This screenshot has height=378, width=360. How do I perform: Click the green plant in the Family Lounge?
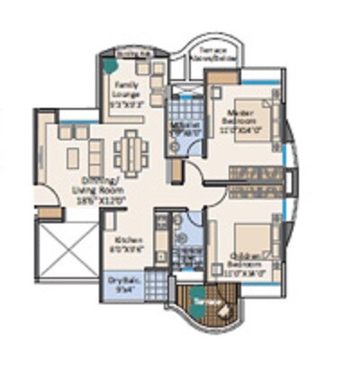(x=109, y=65)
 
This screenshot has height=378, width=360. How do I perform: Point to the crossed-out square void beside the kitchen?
(x=69, y=251)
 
